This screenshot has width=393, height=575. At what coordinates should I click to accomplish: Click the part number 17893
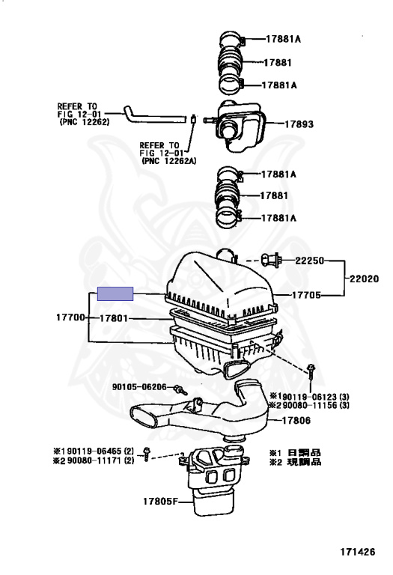299,124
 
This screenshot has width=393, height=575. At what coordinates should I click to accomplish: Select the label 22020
364,279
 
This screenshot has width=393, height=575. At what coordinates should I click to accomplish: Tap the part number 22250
310,261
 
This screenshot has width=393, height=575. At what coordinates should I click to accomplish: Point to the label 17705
306,295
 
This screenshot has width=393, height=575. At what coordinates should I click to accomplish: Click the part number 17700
71,317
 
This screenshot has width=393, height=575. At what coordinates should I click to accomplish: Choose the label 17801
114,318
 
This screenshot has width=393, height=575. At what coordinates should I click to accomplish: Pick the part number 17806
296,420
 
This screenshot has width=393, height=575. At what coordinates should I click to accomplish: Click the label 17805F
160,501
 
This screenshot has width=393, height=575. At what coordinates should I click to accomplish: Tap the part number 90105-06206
139,387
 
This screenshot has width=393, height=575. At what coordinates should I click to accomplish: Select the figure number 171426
357,552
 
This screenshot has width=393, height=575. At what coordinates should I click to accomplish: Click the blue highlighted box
115,293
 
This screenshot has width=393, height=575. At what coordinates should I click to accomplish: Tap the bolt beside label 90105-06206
180,390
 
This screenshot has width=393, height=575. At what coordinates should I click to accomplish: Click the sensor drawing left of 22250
271,261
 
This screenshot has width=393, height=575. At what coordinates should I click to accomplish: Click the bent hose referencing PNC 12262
154,116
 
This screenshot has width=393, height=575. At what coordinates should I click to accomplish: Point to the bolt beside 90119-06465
147,454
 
